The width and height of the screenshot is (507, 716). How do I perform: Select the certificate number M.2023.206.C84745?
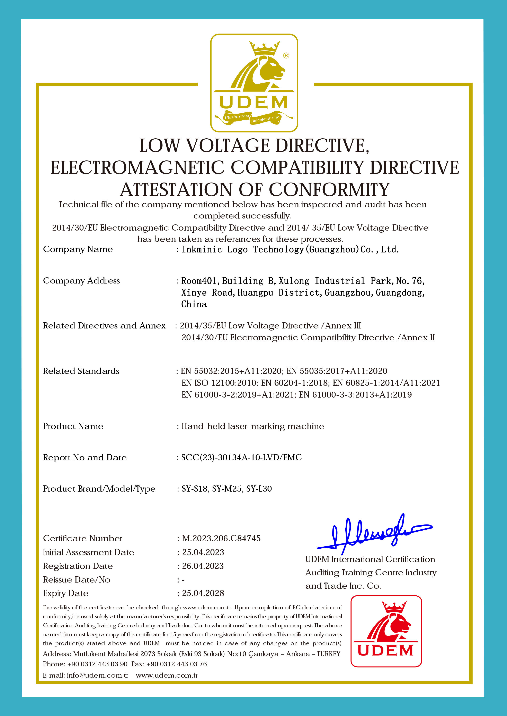click(x=221, y=538)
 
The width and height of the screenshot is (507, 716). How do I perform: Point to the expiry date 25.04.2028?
click(x=203, y=593)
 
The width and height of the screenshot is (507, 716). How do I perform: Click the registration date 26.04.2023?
click(x=203, y=566)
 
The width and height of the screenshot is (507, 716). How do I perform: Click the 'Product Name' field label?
click(x=73, y=426)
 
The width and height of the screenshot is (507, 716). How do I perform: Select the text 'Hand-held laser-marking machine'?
click(x=253, y=426)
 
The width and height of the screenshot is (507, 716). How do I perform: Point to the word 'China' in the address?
click(x=194, y=304)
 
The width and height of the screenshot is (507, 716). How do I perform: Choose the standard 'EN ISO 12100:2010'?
click(x=220, y=383)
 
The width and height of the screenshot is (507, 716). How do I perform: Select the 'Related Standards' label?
click(x=81, y=371)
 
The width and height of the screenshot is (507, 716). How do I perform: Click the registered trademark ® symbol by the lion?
click(x=286, y=56)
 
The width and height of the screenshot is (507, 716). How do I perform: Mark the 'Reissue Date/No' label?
click(x=77, y=580)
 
